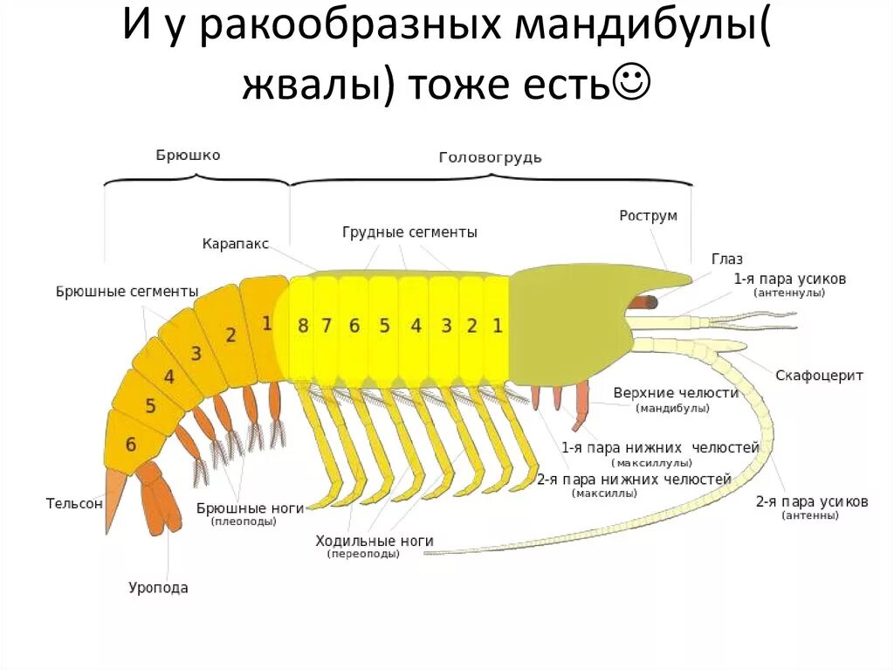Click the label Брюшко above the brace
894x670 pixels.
[x=188, y=155]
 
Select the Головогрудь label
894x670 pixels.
[x=490, y=157]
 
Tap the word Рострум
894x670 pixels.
[x=648, y=216]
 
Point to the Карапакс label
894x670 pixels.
[x=236, y=244]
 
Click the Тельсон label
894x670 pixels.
[x=74, y=503]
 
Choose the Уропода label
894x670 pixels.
[x=158, y=588]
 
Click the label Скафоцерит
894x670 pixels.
[x=819, y=376]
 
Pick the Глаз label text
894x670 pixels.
[x=726, y=259]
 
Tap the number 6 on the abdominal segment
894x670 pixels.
[x=131, y=445]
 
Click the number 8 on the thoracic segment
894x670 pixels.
[x=303, y=326]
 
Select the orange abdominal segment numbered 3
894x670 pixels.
[x=196, y=354]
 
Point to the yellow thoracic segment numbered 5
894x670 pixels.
[x=384, y=326]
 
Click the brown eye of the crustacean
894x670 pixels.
[x=644, y=302]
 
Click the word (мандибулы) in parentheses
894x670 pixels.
[x=672, y=408]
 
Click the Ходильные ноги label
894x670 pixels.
[x=375, y=542]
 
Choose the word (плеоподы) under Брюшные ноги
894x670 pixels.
[x=243, y=521]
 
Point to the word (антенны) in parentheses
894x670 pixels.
[x=810, y=516]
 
